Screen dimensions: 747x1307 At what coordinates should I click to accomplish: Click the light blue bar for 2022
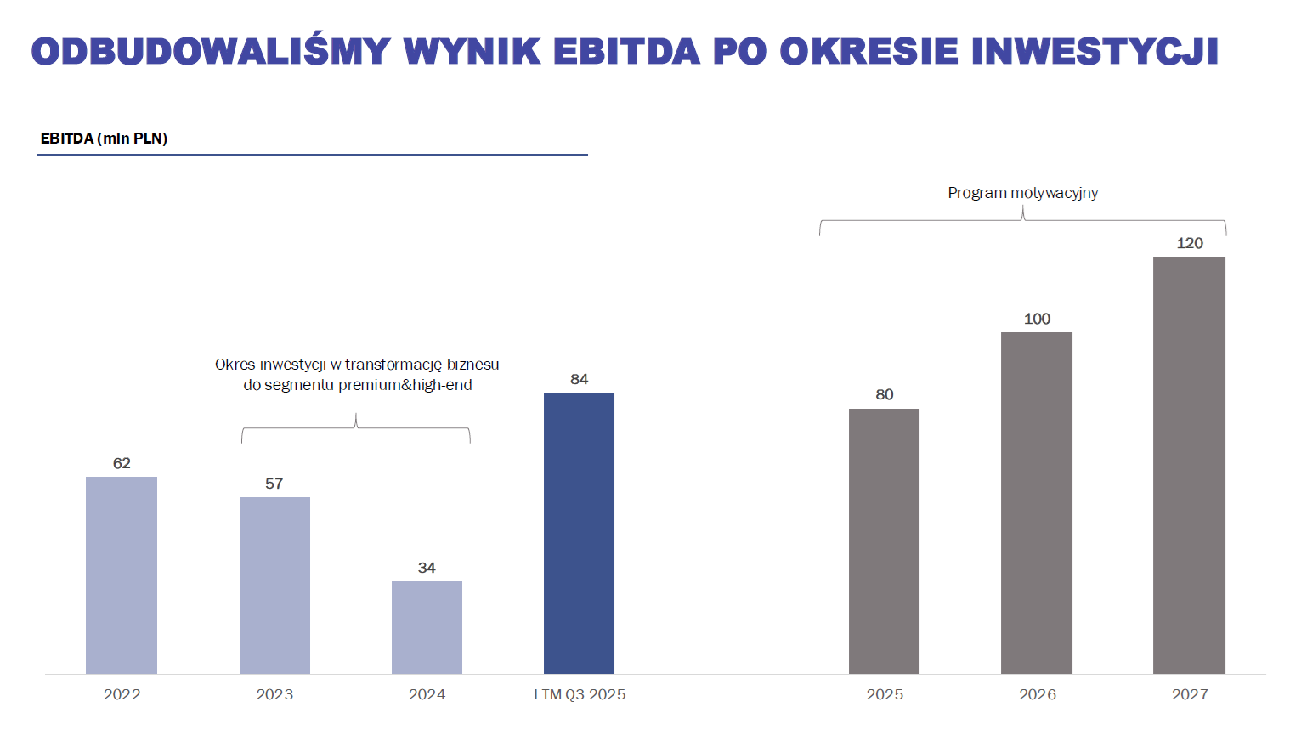(x=122, y=575)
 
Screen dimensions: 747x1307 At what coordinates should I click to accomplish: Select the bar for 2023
(x=274, y=586)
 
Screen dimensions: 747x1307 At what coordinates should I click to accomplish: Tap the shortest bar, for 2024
(x=427, y=627)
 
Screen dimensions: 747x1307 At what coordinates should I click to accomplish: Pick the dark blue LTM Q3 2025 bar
(x=579, y=533)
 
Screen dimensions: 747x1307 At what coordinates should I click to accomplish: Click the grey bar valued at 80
(x=884, y=541)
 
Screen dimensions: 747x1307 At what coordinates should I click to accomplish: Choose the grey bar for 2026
(x=1037, y=503)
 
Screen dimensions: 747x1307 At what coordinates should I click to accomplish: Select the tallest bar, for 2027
(x=1189, y=466)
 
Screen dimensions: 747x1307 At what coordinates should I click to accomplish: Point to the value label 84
(x=579, y=379)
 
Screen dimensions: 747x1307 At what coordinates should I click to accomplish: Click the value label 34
(x=427, y=568)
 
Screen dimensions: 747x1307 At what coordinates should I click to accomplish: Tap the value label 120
(x=1189, y=243)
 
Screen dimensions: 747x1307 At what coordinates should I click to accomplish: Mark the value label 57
(x=274, y=484)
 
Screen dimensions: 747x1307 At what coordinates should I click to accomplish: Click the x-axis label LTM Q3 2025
(x=580, y=694)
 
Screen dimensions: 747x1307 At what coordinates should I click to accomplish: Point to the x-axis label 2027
(x=1190, y=694)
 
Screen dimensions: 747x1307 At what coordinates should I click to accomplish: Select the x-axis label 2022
(x=122, y=694)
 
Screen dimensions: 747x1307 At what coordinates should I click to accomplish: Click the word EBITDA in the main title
(x=626, y=52)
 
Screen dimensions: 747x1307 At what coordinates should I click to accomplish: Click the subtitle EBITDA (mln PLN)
(x=104, y=139)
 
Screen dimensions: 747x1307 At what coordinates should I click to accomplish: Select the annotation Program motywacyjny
(x=1022, y=193)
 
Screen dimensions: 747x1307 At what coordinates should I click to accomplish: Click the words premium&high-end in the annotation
(x=405, y=385)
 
